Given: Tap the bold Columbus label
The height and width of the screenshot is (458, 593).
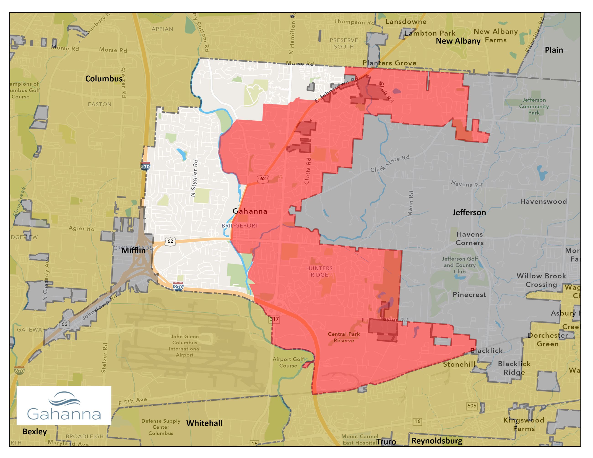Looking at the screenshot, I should pyautogui.click(x=104, y=79).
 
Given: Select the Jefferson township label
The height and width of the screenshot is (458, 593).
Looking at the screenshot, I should pyautogui.click(x=469, y=212).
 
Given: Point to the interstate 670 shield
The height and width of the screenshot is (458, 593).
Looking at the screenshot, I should pyautogui.click(x=19, y=371).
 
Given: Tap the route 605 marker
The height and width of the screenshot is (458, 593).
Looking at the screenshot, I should pyautogui.click(x=472, y=406).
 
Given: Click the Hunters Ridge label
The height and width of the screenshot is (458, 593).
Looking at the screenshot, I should pyautogui.click(x=319, y=271).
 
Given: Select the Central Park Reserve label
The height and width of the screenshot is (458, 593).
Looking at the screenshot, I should pyautogui.click(x=343, y=337).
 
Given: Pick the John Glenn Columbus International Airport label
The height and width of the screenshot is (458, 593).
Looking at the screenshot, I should pyautogui.click(x=185, y=346).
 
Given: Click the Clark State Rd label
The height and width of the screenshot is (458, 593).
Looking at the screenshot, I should pyautogui.click(x=390, y=164).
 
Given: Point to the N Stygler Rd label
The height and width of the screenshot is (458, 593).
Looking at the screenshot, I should pyautogui.click(x=194, y=178).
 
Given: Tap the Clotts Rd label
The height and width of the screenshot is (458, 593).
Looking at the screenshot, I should pyautogui.click(x=307, y=171).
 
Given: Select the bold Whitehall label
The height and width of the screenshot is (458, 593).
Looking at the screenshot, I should pyautogui.click(x=204, y=423).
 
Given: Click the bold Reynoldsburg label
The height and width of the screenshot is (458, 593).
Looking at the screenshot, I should pyautogui.click(x=437, y=441).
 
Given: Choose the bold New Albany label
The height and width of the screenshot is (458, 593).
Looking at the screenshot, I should pyautogui.click(x=458, y=41).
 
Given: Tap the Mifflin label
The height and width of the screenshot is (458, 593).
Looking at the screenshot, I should pyautogui.click(x=133, y=251).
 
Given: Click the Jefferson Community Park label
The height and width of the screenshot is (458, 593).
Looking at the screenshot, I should pyautogui.click(x=534, y=106).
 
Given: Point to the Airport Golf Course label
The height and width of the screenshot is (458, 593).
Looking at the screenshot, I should pyautogui.click(x=288, y=362).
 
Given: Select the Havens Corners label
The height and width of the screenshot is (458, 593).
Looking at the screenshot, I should pyautogui.click(x=469, y=238).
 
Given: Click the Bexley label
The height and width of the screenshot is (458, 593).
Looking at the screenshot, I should pyautogui.click(x=34, y=431).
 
